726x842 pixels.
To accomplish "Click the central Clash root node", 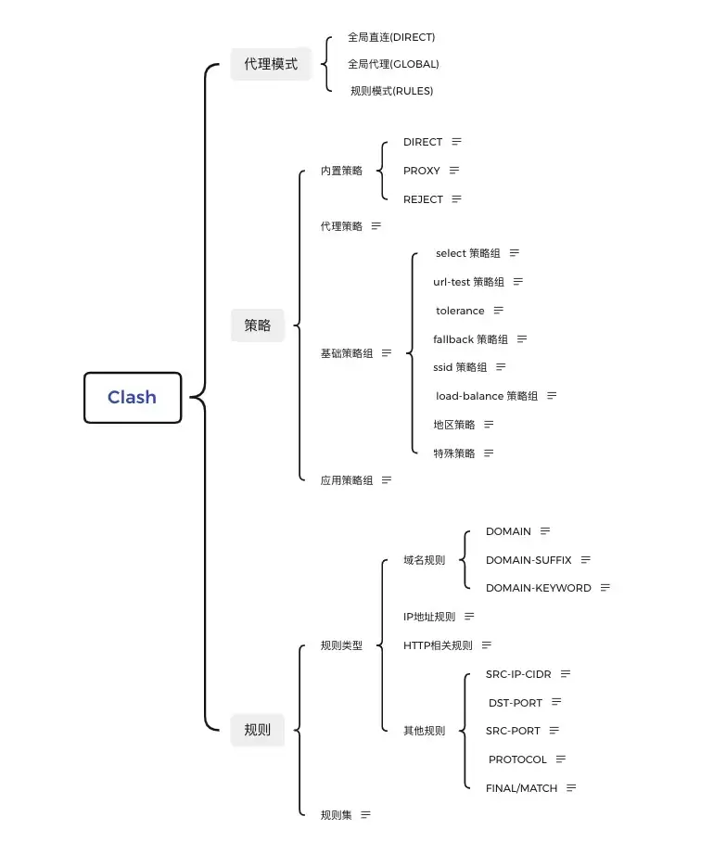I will point(132,397).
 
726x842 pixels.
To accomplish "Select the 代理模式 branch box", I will point(271,64).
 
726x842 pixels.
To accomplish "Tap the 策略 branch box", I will point(258,325).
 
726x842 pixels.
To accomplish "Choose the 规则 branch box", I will point(258,730).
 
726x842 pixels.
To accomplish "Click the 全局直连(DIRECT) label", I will point(391,37).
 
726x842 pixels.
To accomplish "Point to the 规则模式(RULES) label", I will point(391,91).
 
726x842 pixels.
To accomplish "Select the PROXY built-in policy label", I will point(422,171).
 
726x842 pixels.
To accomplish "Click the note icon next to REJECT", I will point(456,198).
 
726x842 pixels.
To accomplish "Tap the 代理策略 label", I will point(341,226).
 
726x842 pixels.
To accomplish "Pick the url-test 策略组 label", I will point(468,282).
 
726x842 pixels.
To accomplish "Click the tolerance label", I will point(460,311).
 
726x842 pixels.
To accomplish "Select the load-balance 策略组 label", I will point(487,396).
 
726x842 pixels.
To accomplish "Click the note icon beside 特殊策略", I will point(489,453).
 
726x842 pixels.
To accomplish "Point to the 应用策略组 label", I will point(347,480).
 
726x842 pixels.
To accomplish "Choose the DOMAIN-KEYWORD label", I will point(538,588).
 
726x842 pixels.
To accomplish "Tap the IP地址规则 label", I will point(429,617).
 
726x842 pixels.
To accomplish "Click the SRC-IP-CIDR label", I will point(518,674).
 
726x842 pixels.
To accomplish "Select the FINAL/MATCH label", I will point(522,788).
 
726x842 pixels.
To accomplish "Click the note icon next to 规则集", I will point(365,815).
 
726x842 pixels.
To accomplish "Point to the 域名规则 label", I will point(424,560).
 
